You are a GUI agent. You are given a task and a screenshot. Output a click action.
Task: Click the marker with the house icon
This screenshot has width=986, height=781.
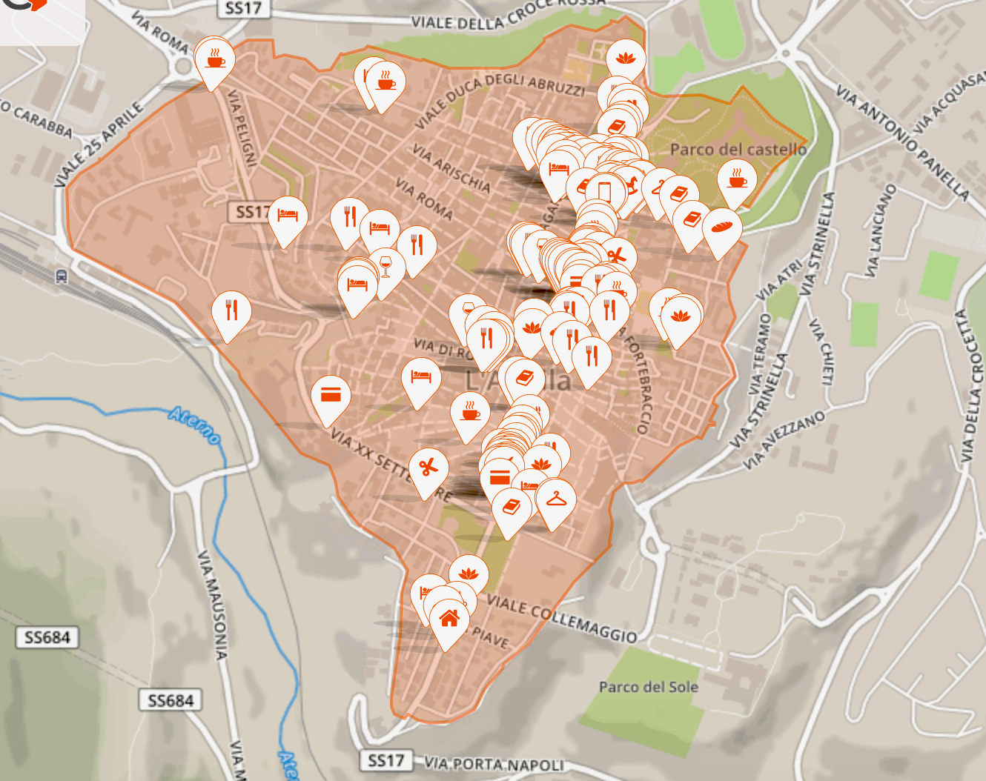pos(449,618)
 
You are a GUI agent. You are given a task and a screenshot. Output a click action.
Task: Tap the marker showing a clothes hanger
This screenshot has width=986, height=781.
pos(556,500)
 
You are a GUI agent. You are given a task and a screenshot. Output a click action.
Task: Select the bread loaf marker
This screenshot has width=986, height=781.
pos(721,226)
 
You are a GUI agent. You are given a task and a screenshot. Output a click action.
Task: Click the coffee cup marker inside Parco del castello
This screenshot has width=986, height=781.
pos(738,180)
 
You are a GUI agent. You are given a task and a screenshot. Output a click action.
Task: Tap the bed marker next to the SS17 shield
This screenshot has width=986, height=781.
pos(288,216)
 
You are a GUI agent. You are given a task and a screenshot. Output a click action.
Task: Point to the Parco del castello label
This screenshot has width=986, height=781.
pos(738,150)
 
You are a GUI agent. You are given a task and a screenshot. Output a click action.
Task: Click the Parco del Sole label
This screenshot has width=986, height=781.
pos(649,687)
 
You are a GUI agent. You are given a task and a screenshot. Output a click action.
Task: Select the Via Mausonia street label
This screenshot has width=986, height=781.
pos(212,605)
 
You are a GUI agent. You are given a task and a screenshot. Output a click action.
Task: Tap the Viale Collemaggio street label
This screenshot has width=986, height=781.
pos(561,619)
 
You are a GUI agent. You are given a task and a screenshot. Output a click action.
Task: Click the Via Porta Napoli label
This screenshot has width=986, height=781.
pos(494,764)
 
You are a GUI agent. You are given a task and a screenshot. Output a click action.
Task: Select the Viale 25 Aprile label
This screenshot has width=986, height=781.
pos(98,144)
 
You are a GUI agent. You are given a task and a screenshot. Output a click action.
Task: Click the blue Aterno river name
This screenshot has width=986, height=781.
pos(195,424)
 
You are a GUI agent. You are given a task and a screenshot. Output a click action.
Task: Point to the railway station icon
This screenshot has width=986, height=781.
pos(61,276)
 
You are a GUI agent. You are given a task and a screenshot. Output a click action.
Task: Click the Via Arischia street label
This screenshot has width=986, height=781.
pos(451,168)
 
